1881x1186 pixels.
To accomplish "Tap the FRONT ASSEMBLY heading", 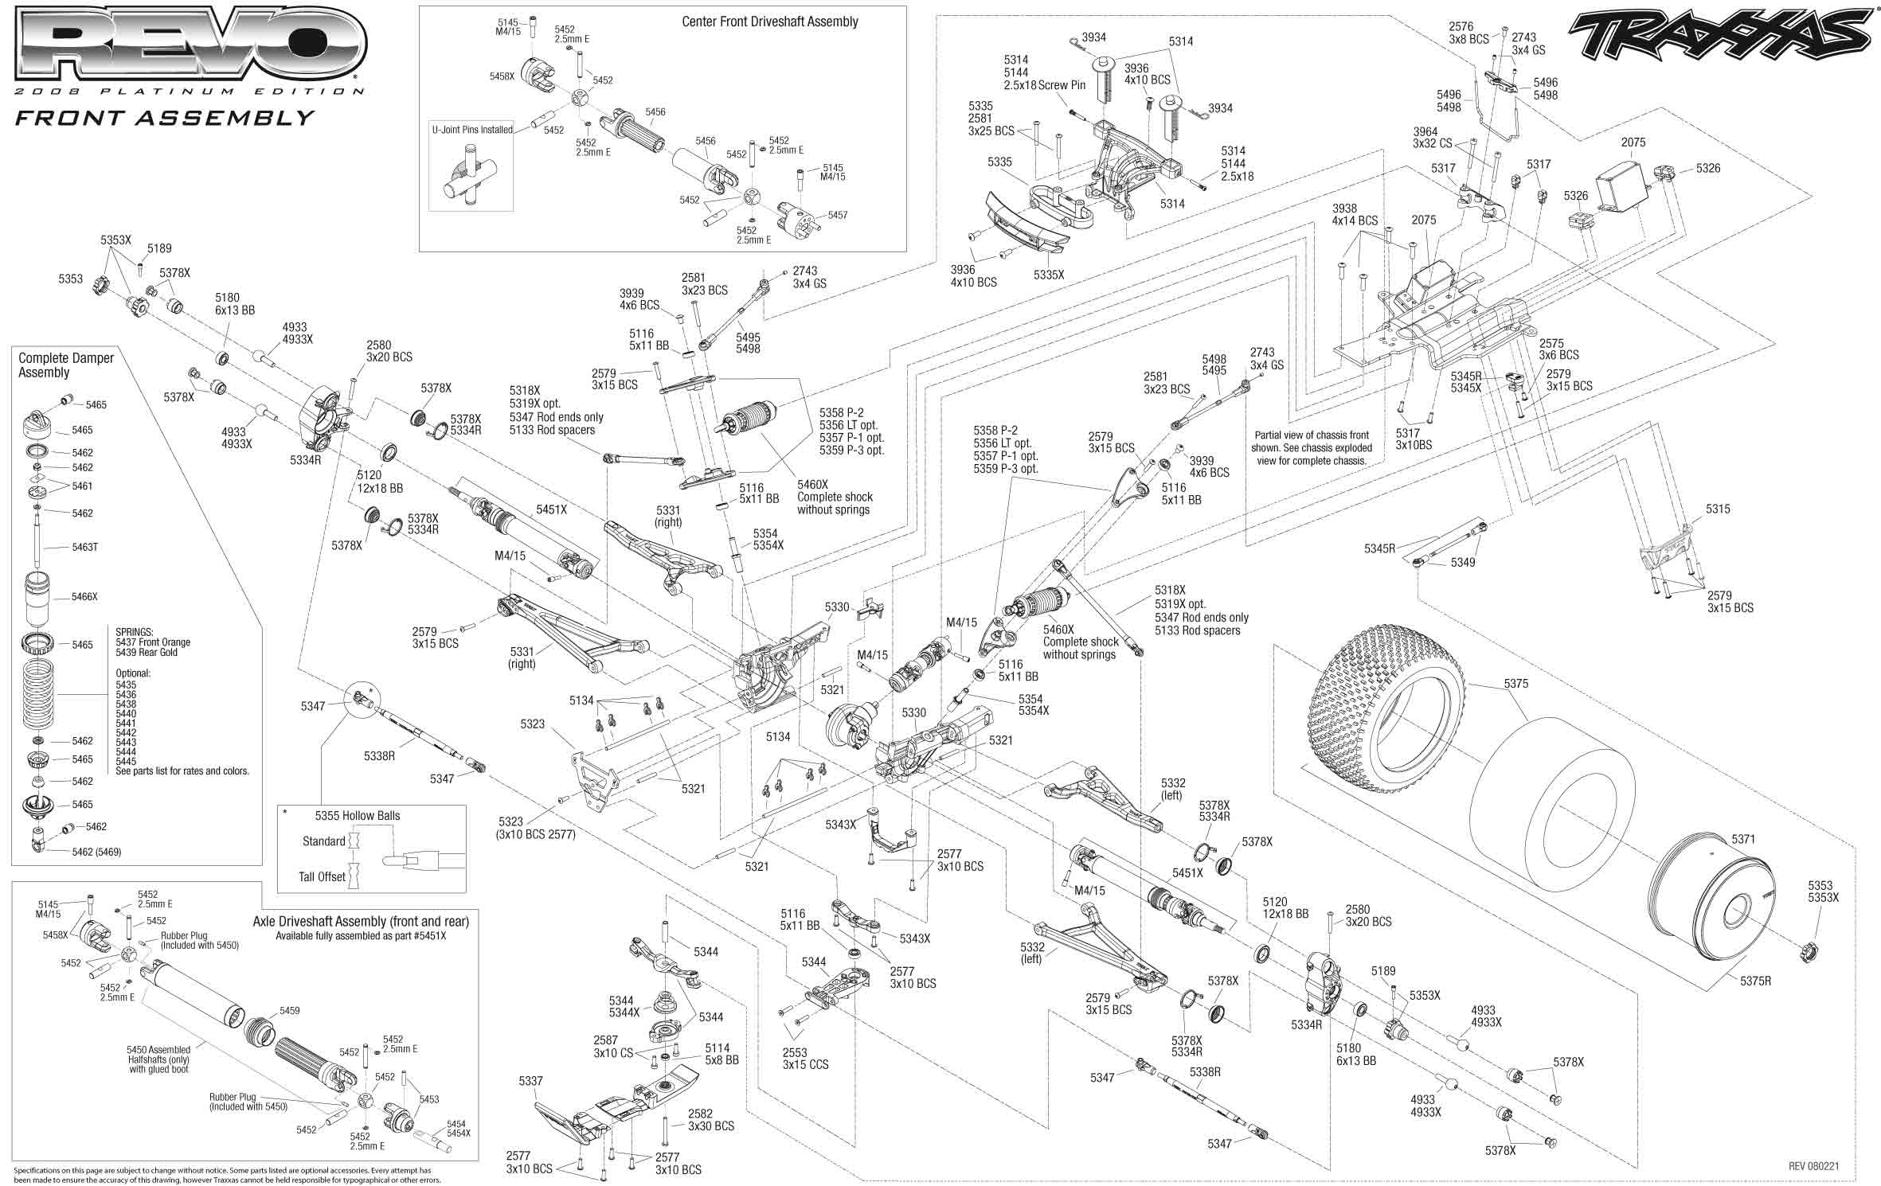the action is coord(165,118).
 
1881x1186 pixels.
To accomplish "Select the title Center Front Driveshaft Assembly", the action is coord(769,21).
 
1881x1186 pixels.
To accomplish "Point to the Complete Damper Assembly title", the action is coord(66,365).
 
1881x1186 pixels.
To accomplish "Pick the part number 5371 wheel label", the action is coord(1742,839).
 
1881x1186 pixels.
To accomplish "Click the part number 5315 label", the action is coord(1717,509).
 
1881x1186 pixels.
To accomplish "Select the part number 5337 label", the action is coord(531,1081).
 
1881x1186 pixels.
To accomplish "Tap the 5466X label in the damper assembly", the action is coord(84,596).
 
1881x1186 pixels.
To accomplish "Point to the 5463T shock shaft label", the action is coord(84,548).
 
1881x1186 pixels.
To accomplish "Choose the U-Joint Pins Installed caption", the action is coord(472,129).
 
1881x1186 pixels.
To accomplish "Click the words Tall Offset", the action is coord(322,876).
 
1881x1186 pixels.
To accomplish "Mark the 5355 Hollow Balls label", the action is coord(357,815).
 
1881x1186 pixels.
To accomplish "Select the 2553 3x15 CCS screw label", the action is coord(805,1058).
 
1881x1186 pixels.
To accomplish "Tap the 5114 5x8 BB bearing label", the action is coord(722,1054).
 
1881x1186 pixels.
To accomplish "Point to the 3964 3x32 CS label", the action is coord(1432,138).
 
